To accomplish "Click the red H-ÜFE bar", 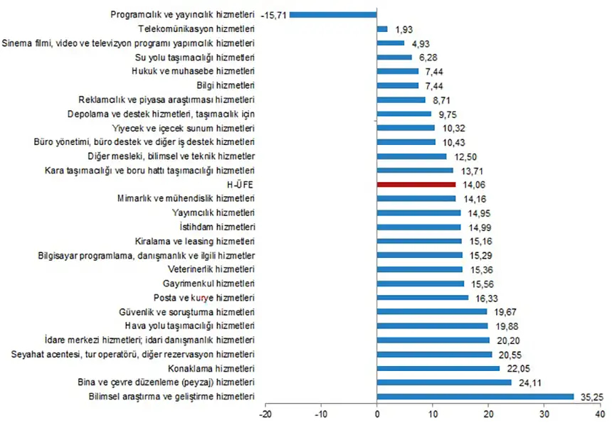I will click(416, 184).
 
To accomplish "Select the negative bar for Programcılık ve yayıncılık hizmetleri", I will click(333, 14).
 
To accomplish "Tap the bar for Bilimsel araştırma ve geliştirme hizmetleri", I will click(475, 396).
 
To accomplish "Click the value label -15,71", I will click(273, 14).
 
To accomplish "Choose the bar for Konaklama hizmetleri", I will click(438, 368).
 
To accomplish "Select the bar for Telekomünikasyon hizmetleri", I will click(382, 29).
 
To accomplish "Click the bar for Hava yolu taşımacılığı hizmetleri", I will click(433, 326).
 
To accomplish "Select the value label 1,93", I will click(403, 29).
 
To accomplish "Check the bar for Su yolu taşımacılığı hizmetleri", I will click(394, 57).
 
